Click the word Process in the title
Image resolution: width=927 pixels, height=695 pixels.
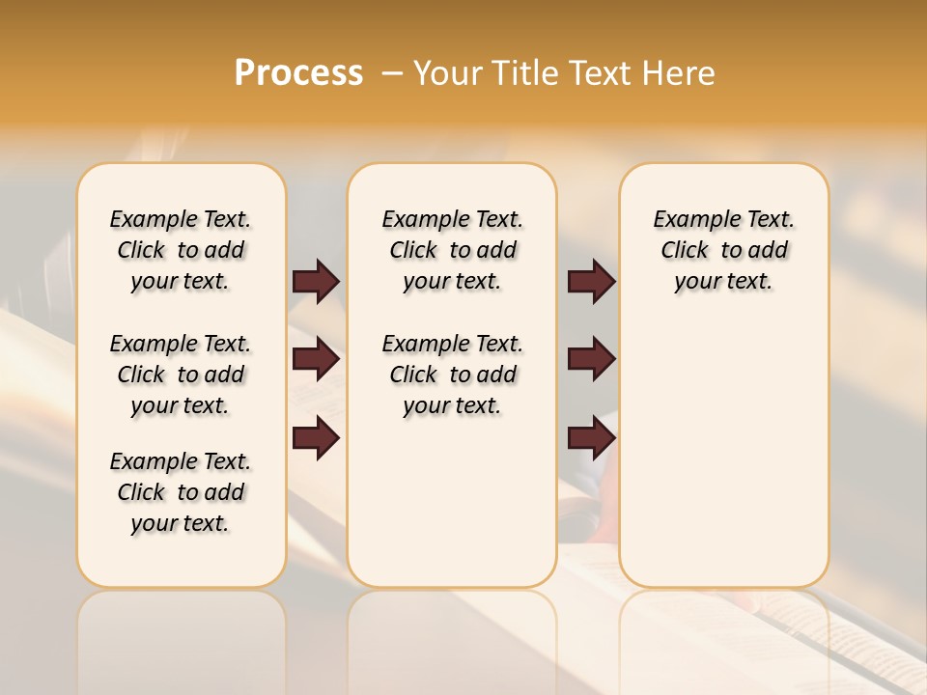coord(298,72)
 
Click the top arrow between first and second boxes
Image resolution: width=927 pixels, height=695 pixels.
coord(316,281)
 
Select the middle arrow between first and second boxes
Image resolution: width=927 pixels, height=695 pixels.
coord(316,359)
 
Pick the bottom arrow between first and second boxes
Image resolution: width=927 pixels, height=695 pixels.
coord(316,438)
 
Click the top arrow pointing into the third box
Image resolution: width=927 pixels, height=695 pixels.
coord(591,281)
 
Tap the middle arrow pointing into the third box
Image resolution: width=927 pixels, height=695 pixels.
coord(591,359)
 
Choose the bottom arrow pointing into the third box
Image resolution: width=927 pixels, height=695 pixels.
coord(591,438)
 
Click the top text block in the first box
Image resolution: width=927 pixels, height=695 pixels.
coord(181,250)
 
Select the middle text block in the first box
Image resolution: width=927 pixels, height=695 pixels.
coord(181,375)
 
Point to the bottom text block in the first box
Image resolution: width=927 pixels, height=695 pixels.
coord(181,492)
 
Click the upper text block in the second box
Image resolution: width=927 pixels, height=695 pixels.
coord(452,250)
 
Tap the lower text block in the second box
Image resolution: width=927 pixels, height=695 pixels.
coord(452,375)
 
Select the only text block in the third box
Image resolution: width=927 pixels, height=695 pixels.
coord(723,250)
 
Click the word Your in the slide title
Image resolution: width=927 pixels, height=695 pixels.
coord(448,73)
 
